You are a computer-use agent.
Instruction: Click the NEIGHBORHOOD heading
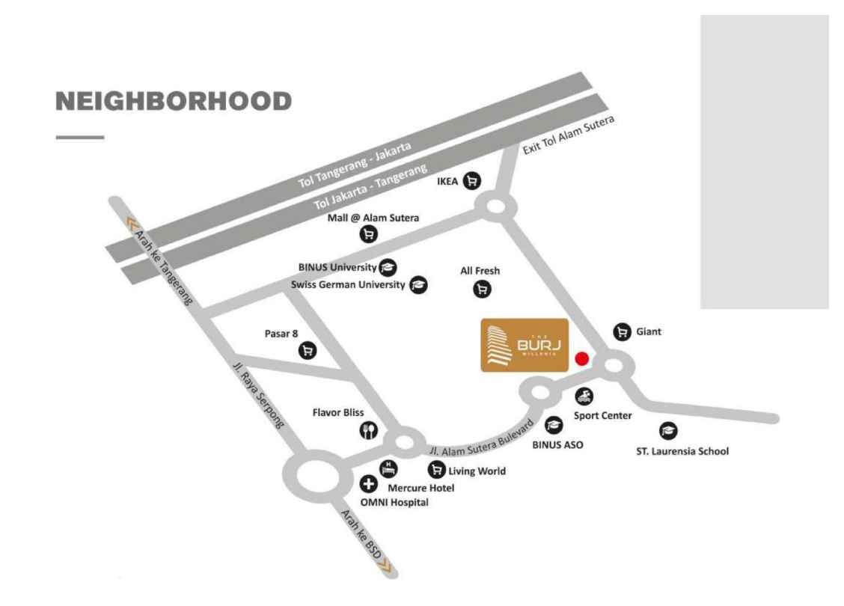pyautogui.click(x=174, y=102)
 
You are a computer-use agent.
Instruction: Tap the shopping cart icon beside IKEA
pyautogui.click(x=471, y=181)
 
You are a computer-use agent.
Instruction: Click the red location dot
pyautogui.click(x=581, y=359)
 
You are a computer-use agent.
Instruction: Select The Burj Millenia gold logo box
pyautogui.click(x=525, y=345)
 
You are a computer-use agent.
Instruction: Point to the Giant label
pyautogui.click(x=649, y=331)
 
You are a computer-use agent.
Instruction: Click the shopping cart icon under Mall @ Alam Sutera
pyautogui.click(x=369, y=234)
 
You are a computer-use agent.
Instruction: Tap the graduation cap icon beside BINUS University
pyautogui.click(x=388, y=267)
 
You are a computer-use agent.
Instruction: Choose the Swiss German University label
pyautogui.click(x=348, y=284)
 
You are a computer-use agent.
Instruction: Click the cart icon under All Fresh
pyautogui.click(x=482, y=289)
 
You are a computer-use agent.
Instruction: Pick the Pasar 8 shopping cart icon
pyautogui.click(x=307, y=350)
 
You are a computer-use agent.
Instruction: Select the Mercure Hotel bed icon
pyautogui.click(x=388, y=469)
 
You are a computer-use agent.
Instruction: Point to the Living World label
pyautogui.click(x=477, y=471)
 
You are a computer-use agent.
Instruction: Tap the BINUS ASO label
pyautogui.click(x=557, y=444)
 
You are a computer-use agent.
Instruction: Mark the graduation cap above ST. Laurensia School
pyautogui.click(x=667, y=431)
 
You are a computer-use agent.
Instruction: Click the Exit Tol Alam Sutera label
pyautogui.click(x=568, y=135)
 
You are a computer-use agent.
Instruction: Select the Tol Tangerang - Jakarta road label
pyautogui.click(x=355, y=165)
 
